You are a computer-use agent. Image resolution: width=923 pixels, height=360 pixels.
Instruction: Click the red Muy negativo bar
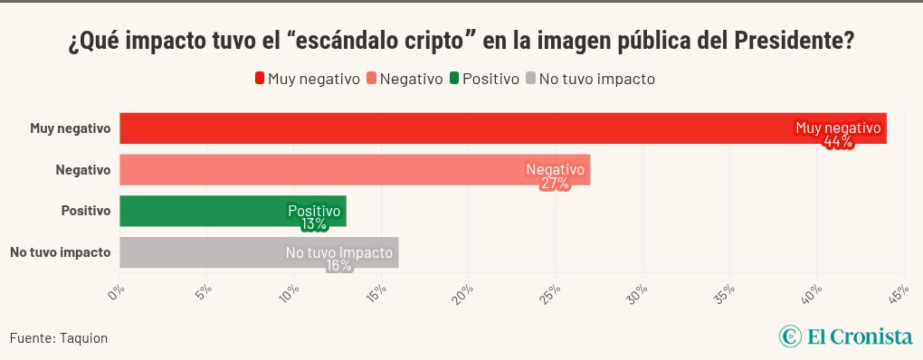tap(452, 128)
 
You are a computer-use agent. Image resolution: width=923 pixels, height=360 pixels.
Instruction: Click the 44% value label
tap(838, 142)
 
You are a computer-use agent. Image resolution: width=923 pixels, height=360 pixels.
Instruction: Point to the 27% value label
tap(555, 184)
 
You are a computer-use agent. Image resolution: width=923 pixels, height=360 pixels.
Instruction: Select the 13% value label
tap(314, 224)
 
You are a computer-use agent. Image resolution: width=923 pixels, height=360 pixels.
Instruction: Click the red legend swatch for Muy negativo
tap(260, 79)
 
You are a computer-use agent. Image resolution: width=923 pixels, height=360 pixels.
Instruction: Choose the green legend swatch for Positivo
tap(455, 79)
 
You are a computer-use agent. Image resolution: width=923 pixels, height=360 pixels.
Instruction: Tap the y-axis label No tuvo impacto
tap(60, 252)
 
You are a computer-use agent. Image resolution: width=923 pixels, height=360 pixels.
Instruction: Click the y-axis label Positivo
tap(85, 211)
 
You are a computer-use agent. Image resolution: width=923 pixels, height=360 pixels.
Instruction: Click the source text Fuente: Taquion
tap(59, 338)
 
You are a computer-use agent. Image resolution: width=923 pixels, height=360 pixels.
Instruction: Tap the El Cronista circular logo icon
tap(790, 336)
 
